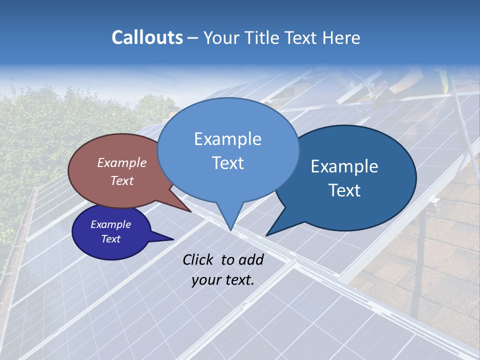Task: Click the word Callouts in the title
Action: click(147, 37)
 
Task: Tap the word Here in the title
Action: click(341, 37)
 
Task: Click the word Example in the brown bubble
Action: click(121, 162)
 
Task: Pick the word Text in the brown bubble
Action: click(121, 180)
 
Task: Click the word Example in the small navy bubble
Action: click(110, 224)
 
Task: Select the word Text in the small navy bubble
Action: click(110, 239)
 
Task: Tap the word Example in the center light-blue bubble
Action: click(227, 138)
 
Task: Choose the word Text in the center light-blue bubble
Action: click(227, 162)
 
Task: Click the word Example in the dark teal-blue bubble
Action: click(344, 166)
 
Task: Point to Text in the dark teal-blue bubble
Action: click(344, 190)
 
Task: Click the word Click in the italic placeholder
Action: click(199, 259)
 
